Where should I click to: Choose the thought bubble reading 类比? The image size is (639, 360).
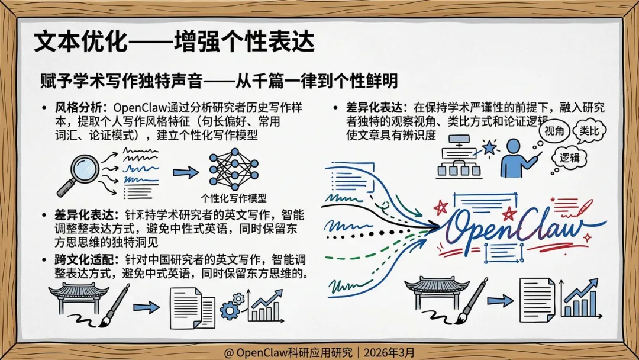click(592, 131)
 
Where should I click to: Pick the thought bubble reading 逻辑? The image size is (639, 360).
click(570, 157)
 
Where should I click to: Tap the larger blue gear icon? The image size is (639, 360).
click(230, 310)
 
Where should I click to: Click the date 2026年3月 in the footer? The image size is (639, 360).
click(390, 352)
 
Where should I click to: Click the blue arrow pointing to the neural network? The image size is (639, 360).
click(186, 172)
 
